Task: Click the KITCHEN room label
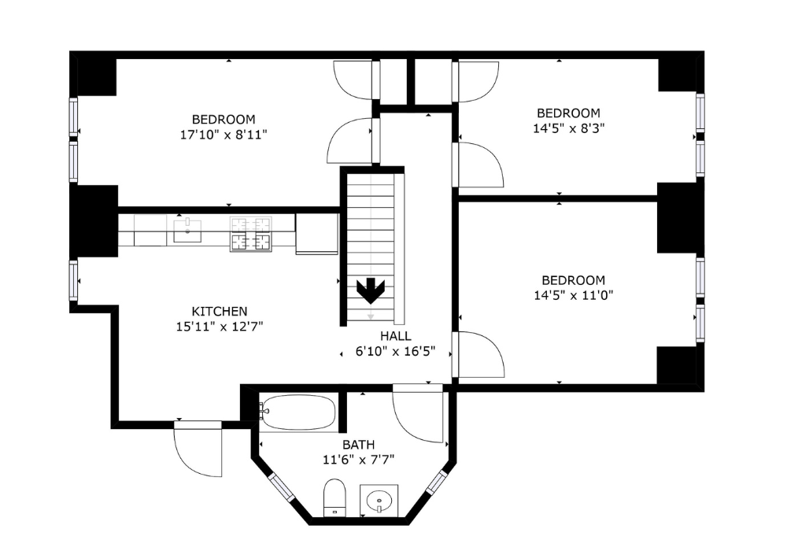click(x=220, y=312)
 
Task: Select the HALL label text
click(x=395, y=336)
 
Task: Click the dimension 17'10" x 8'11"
click(x=224, y=135)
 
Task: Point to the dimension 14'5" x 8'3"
click(x=568, y=128)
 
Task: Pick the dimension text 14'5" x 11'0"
click(x=573, y=295)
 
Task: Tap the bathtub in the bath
click(x=298, y=412)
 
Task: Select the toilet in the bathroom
click(x=334, y=496)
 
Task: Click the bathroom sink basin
click(x=379, y=499)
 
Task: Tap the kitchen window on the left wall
click(x=73, y=280)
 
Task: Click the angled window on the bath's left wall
click(x=281, y=487)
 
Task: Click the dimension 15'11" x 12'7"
click(x=220, y=327)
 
